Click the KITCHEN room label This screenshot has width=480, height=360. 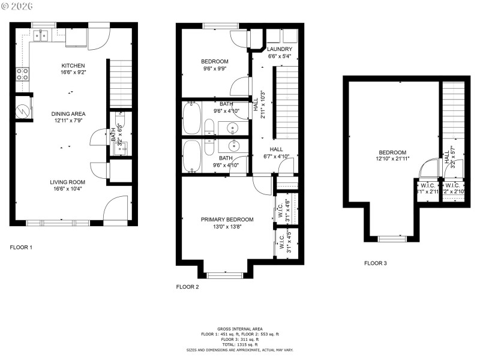(x=73, y=66)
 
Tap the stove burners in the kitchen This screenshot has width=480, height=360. (x=22, y=74)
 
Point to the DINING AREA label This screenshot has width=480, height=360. (x=68, y=113)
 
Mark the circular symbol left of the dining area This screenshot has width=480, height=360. (x=22, y=111)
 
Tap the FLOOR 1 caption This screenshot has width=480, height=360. (x=21, y=247)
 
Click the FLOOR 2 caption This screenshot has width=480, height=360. (x=187, y=287)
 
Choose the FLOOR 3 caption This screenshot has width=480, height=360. (x=376, y=263)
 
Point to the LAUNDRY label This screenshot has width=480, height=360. (x=279, y=49)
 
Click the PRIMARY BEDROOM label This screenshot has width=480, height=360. (x=227, y=220)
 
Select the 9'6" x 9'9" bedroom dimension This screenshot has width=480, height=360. (x=215, y=68)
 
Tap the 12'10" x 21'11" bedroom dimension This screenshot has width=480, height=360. (x=392, y=160)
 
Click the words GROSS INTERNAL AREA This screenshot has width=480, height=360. (x=240, y=329)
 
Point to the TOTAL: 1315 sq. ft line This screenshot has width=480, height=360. (x=240, y=344)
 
